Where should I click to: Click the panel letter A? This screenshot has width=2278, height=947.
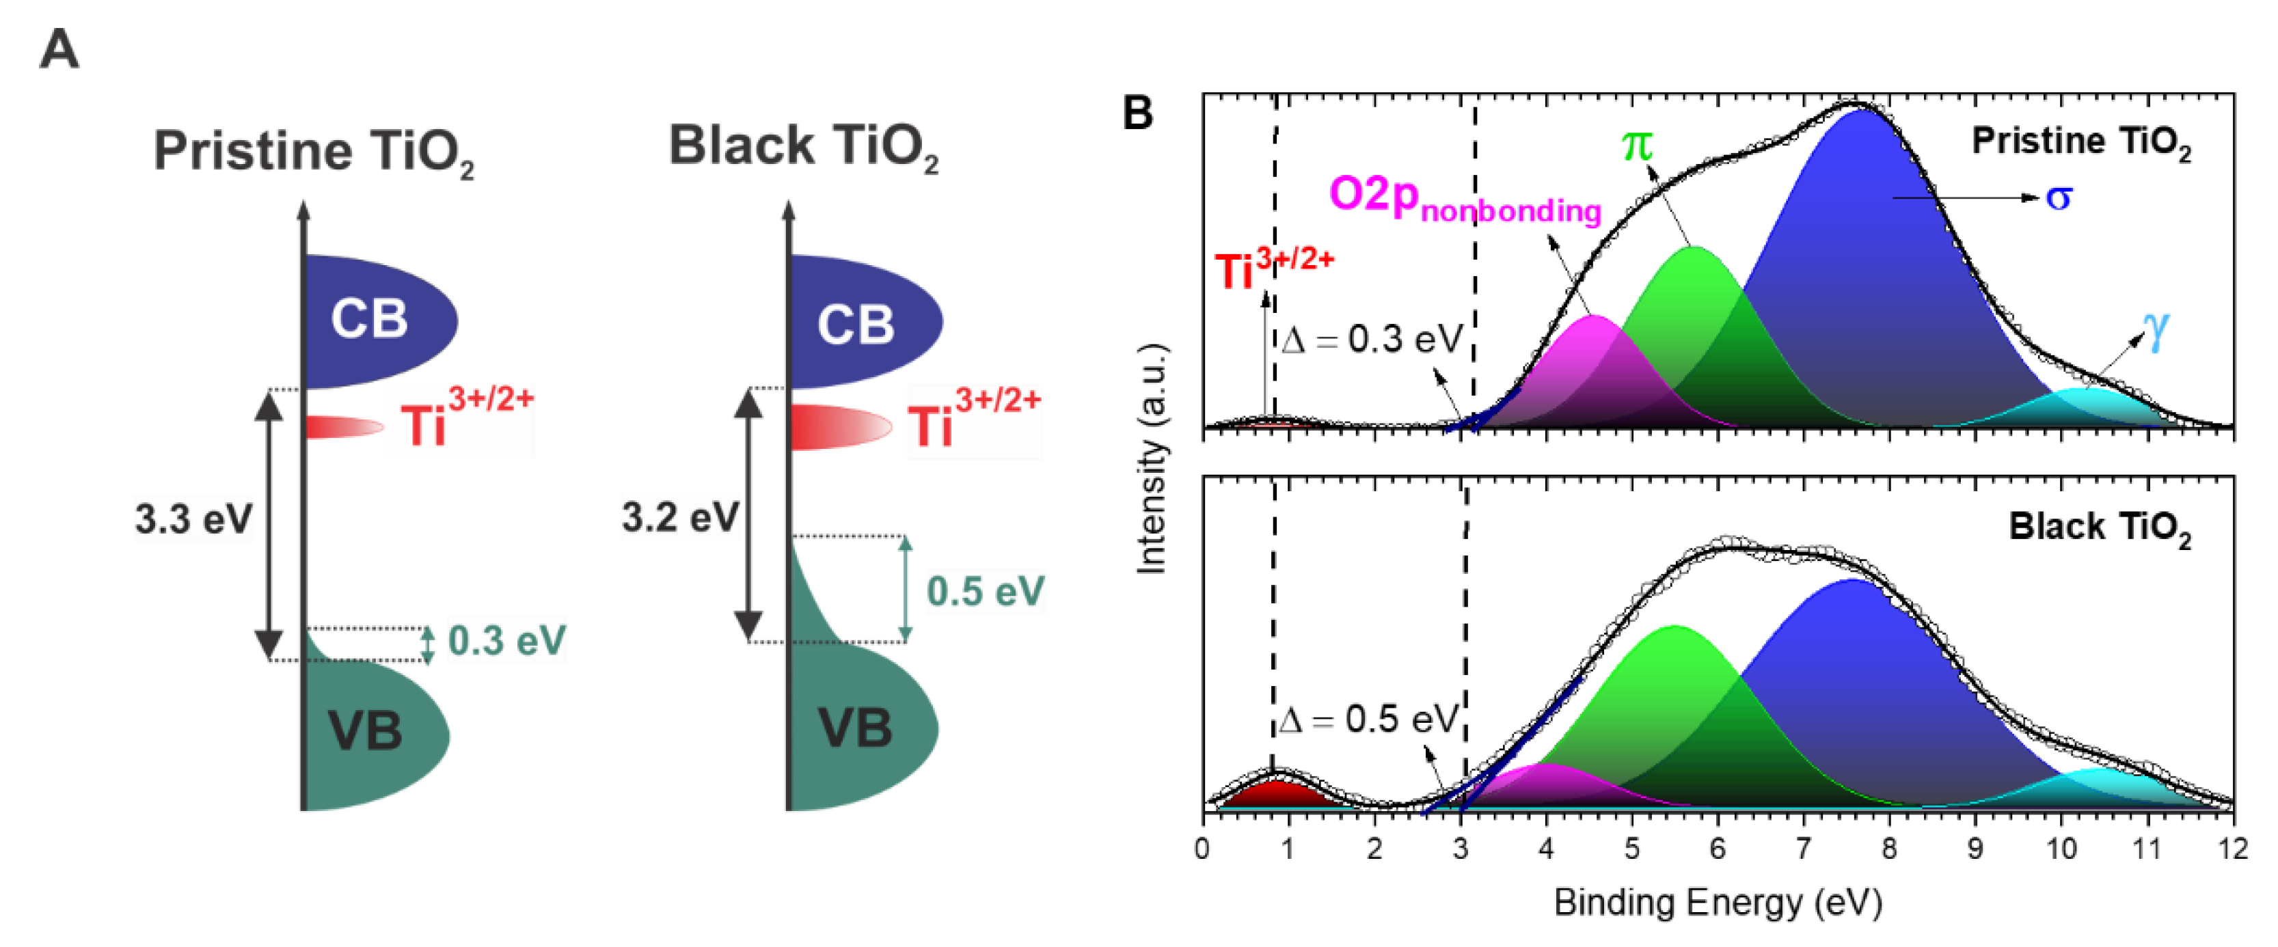pyautogui.click(x=59, y=49)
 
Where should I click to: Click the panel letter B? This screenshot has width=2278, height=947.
pyautogui.click(x=1138, y=113)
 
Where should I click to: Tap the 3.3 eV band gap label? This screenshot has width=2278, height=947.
pyautogui.click(x=193, y=519)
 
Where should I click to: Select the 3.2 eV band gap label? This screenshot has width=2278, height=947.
pyautogui.click(x=680, y=517)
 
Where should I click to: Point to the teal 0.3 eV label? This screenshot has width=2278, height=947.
pyautogui.click(x=506, y=641)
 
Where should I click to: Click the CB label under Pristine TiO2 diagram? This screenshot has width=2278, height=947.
pyautogui.click(x=369, y=319)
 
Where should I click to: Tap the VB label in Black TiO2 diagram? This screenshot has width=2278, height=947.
pyautogui.click(x=855, y=728)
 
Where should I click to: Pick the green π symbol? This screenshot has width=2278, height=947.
pyautogui.click(x=1637, y=144)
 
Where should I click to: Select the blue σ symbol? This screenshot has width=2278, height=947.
pyautogui.click(x=2058, y=197)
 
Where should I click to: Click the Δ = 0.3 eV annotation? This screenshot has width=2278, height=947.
pyautogui.click(x=1370, y=340)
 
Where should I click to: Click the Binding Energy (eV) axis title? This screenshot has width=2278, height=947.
pyautogui.click(x=1718, y=903)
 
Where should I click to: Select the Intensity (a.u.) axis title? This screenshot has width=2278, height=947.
pyautogui.click(x=1152, y=460)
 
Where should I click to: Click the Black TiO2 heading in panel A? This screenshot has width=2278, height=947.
pyautogui.click(x=803, y=147)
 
